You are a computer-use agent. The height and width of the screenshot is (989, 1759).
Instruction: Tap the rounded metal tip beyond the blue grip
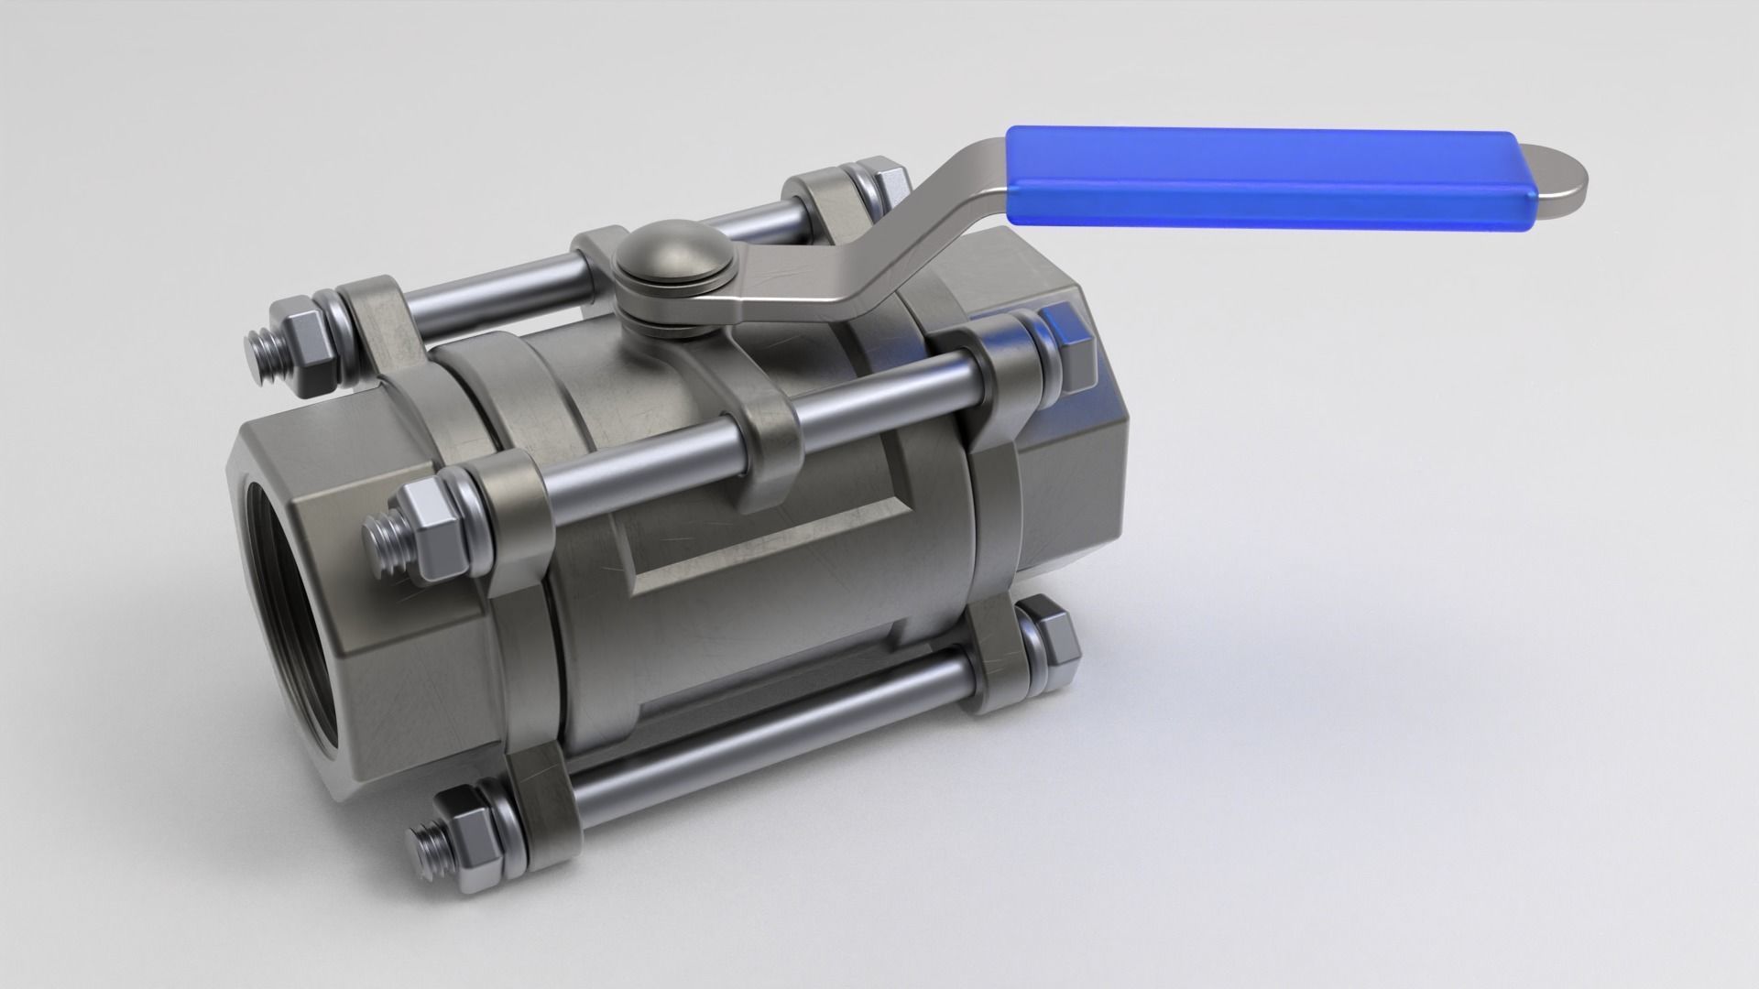click(x=1557, y=178)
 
